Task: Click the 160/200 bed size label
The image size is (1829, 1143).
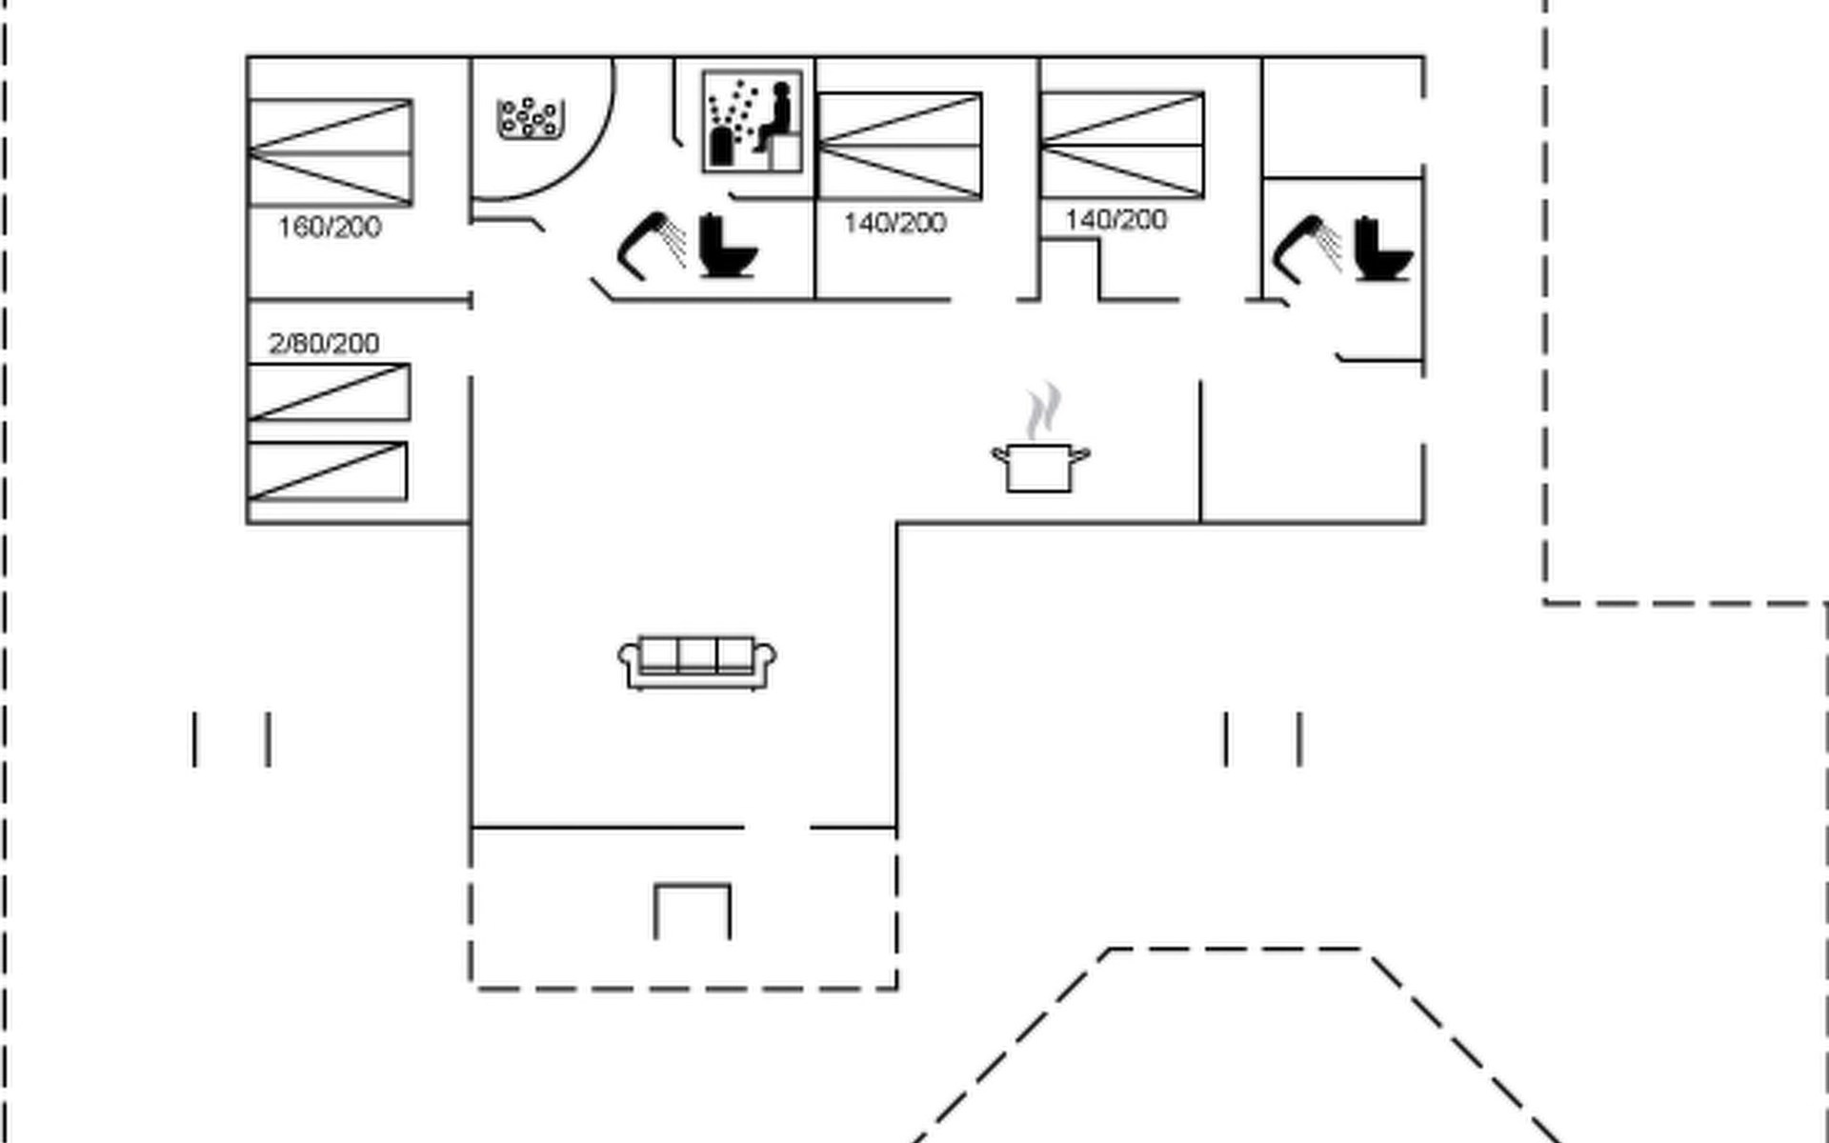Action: click(330, 228)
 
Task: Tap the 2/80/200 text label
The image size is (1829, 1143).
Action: click(324, 343)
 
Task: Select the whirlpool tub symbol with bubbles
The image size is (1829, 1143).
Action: click(531, 119)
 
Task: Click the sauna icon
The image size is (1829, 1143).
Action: click(752, 122)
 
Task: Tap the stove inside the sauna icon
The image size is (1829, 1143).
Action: click(724, 146)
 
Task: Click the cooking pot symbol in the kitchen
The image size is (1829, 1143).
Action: click(1040, 467)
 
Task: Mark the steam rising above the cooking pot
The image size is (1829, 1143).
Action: click(1043, 410)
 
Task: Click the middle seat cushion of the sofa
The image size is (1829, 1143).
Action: click(697, 655)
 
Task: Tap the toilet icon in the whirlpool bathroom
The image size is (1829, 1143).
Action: click(728, 246)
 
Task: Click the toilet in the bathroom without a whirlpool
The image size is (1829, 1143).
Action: click(1383, 250)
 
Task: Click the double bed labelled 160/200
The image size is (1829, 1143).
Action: click(330, 152)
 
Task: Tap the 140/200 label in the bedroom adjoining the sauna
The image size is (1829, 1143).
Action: click(895, 224)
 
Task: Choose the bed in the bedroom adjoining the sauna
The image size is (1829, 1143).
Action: click(899, 146)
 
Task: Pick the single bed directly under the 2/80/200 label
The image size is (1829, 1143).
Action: click(329, 391)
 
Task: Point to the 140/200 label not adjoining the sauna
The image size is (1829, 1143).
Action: click(1115, 220)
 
